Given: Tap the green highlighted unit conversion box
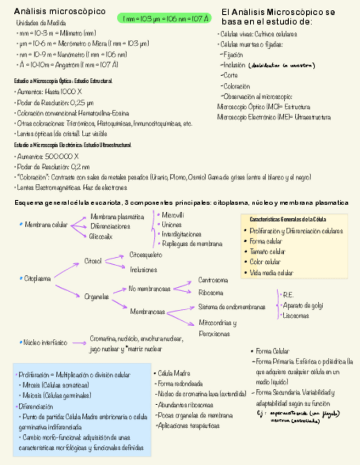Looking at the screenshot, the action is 164,18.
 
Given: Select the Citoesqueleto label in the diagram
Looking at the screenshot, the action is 145,255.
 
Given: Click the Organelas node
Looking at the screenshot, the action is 97,297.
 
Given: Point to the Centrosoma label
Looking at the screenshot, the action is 213,280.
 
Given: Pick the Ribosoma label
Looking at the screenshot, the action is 211,293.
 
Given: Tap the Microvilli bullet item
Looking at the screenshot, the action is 172,214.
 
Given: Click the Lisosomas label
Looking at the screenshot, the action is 296,316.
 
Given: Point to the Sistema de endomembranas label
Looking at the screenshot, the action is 231,307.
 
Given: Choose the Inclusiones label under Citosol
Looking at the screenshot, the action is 143,270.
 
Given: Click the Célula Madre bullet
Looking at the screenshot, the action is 175,373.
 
